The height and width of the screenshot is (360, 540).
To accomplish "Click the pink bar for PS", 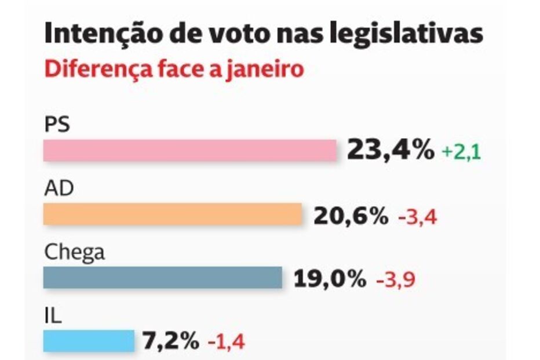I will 189,150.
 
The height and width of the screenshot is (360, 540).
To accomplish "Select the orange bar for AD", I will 173,214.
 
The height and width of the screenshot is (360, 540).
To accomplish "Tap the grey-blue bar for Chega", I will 162,277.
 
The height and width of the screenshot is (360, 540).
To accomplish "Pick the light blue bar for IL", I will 89,340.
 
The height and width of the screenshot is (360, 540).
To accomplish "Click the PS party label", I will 57,125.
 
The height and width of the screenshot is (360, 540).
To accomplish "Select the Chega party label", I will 75,253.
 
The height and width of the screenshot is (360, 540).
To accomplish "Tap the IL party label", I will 53,317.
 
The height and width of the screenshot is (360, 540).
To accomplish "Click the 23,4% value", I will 390,151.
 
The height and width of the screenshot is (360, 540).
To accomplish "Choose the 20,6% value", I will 351,216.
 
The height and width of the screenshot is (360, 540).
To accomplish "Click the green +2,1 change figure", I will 462,152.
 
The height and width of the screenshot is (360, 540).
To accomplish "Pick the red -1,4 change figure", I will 226,342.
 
